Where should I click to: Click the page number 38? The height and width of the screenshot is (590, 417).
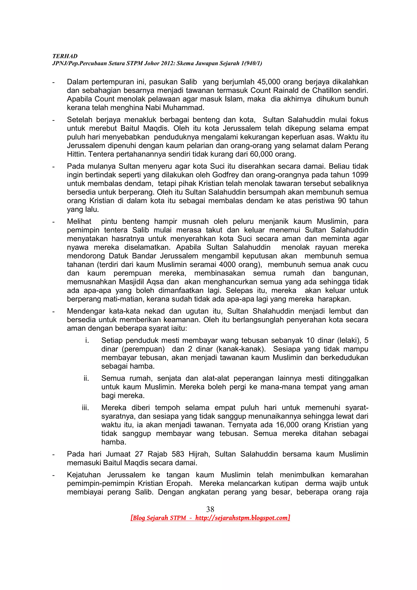coord(210,509)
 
